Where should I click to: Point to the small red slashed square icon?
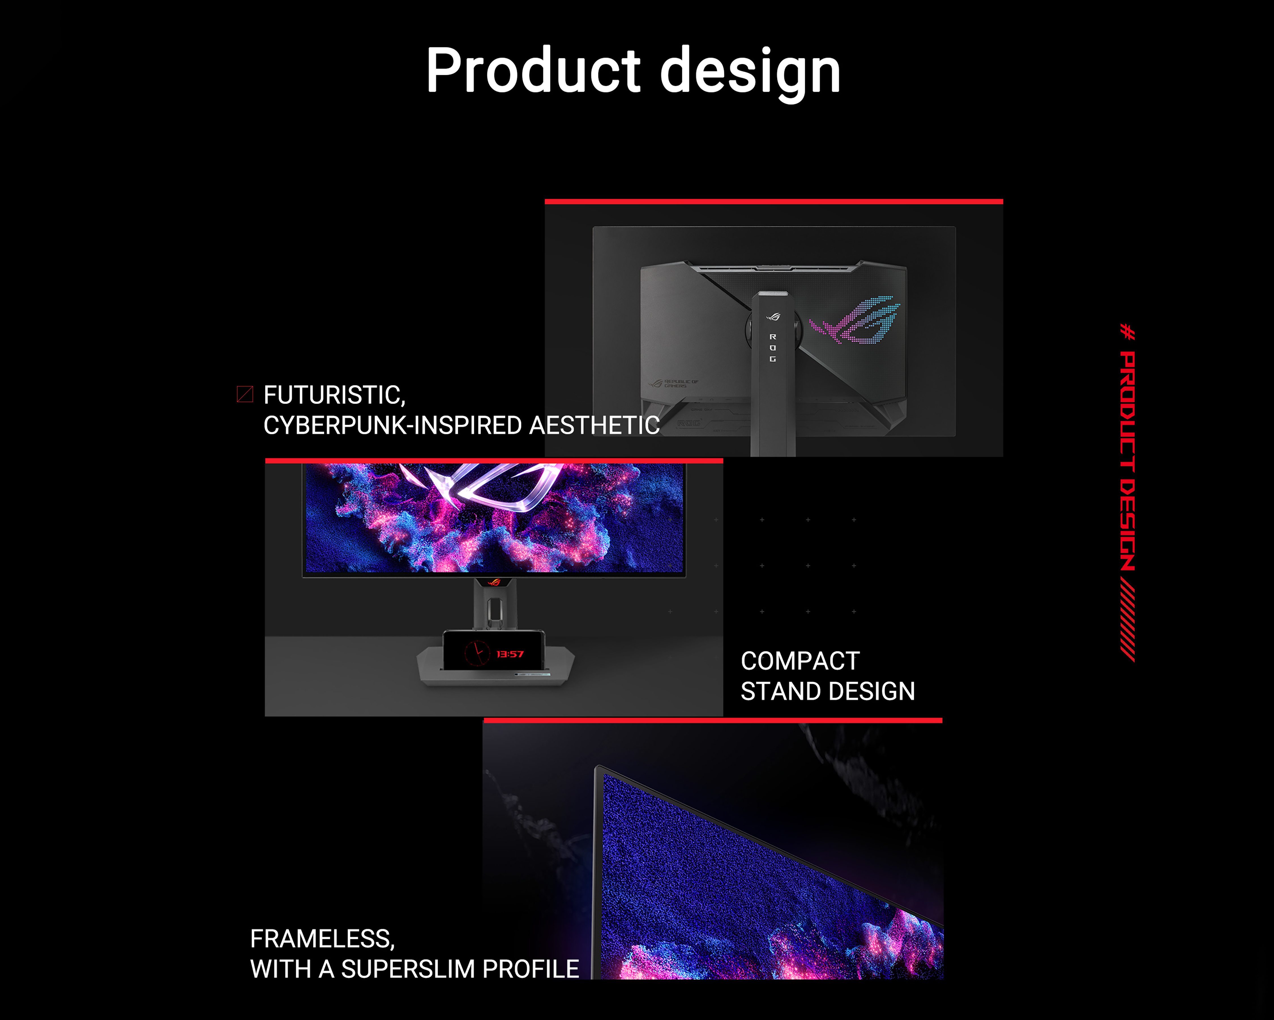pyautogui.click(x=245, y=394)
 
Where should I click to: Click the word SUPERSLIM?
pyautogui.click(x=408, y=969)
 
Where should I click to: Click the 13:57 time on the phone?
pyautogui.click(x=510, y=654)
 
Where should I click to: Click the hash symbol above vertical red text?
pyautogui.click(x=1127, y=332)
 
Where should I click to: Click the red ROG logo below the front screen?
pyautogui.click(x=494, y=583)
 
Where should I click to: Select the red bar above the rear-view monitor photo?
pyautogui.click(x=773, y=202)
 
